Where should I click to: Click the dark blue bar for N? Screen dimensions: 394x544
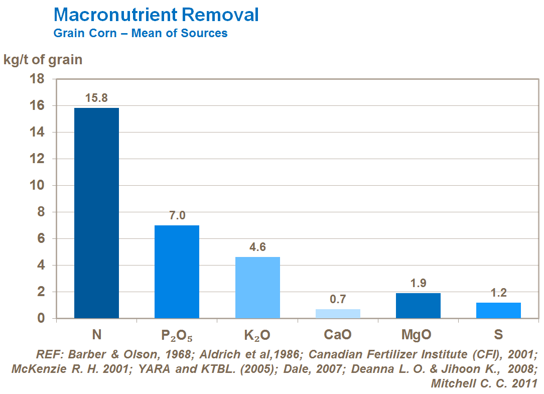96,213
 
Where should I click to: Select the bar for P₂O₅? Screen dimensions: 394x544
177,272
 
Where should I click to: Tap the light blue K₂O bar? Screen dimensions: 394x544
257,288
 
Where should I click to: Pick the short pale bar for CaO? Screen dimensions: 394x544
338,314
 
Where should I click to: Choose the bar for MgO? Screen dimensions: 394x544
418,306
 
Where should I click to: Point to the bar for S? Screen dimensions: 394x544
498,310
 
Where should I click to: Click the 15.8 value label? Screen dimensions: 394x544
96,98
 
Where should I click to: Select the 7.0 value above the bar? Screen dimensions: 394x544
177,215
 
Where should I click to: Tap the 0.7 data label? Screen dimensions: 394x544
338,299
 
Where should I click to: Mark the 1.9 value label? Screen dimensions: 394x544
418,283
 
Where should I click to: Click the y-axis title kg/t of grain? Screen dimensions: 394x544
43,60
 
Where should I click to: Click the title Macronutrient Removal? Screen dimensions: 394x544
156,15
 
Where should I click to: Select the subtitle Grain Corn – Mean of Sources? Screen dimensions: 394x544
141,34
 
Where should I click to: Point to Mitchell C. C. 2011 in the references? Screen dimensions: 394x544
484,383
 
